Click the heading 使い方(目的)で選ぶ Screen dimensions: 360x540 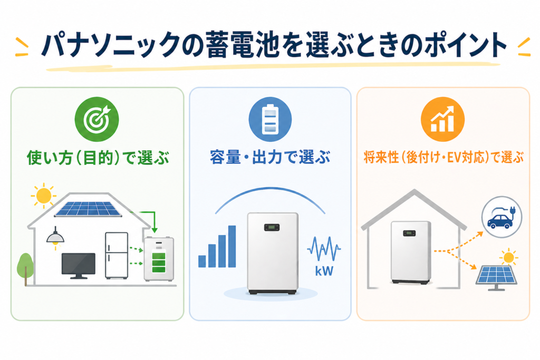click(97, 157)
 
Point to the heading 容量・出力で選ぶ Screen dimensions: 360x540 click(269, 157)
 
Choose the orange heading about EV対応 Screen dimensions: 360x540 click(443, 157)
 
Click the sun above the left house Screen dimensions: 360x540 click(43, 196)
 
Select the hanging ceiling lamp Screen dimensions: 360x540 click(55, 237)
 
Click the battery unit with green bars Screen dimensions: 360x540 click(159, 259)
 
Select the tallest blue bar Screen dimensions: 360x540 click(232, 246)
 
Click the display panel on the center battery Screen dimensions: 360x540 click(272, 227)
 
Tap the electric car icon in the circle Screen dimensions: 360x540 click(501, 218)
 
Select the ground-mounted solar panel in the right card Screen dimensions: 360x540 click(496, 275)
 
